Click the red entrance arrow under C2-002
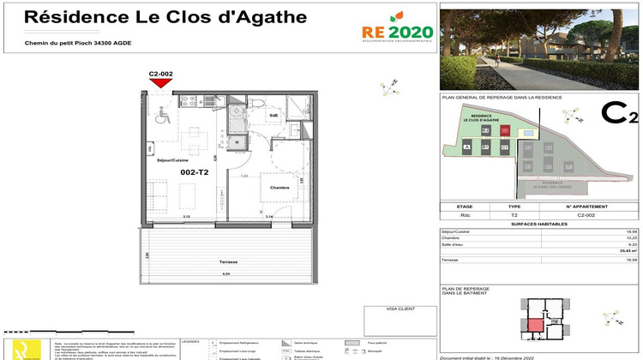click(x=161, y=83)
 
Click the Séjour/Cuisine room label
click(x=171, y=160)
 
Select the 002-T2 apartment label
click(x=195, y=172)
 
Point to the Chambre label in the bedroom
click(x=279, y=187)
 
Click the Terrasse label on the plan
click(x=227, y=261)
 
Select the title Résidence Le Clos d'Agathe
click(x=141, y=16)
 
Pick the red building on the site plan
click(x=504, y=130)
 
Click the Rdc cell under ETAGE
click(x=465, y=216)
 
